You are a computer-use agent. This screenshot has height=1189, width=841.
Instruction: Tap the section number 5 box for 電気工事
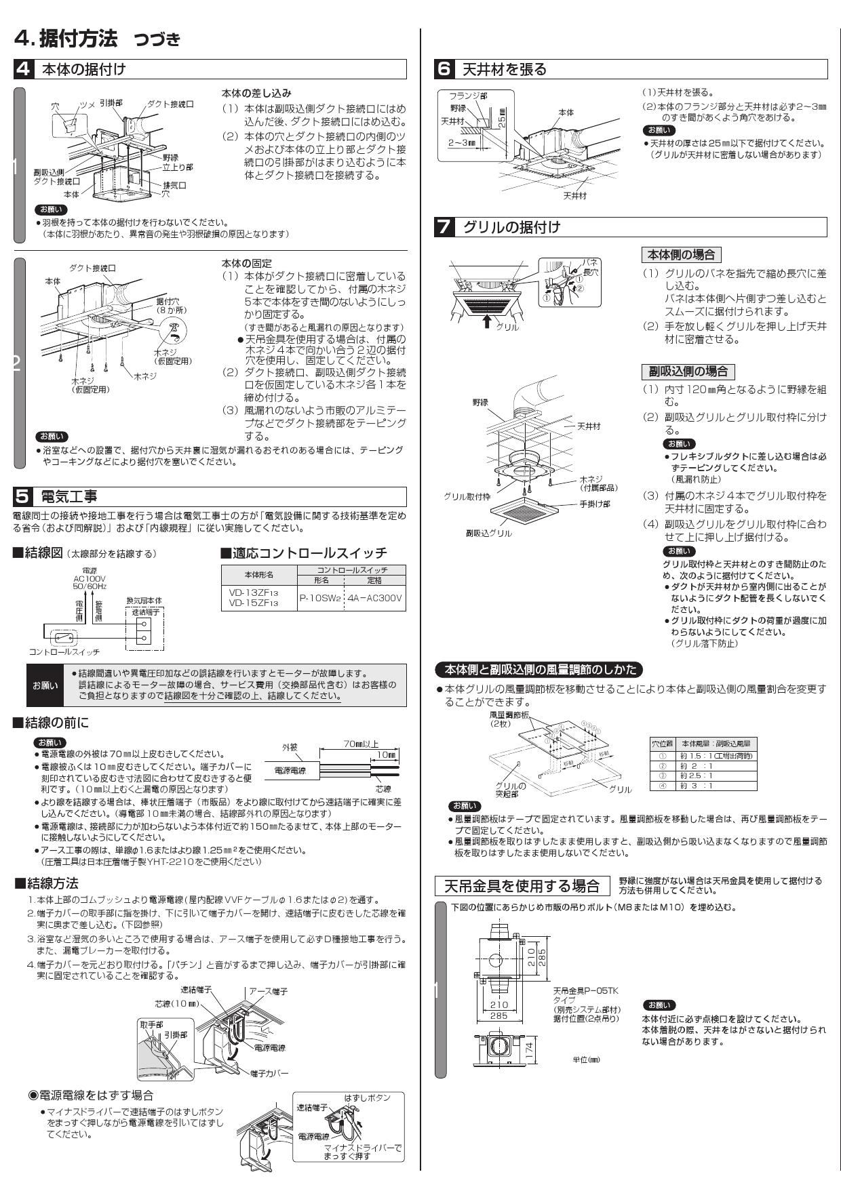coord(23,496)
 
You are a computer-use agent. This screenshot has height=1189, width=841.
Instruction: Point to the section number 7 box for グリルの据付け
coord(444,227)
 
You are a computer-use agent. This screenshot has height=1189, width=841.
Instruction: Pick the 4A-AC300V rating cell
coord(374,599)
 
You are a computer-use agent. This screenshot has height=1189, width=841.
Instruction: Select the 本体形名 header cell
coord(258,575)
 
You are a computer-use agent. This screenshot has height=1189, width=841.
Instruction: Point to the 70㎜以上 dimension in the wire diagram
coord(361,744)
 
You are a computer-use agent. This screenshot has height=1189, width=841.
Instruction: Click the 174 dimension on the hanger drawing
coord(530,1050)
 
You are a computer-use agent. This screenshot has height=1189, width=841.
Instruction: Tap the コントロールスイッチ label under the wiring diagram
coord(64,651)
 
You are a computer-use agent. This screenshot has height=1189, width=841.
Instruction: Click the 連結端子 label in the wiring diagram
coord(143,611)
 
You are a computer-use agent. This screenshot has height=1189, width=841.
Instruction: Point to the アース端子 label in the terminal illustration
coord(268,991)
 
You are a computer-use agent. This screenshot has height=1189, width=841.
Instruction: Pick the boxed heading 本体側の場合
coord(681,255)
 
